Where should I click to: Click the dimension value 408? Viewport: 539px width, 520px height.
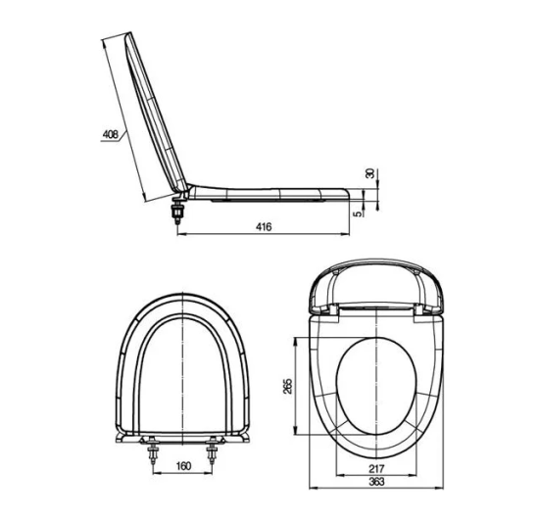coord(111,134)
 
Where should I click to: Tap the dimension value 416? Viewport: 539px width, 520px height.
coord(264,226)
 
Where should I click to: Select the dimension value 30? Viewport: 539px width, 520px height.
coord(369,173)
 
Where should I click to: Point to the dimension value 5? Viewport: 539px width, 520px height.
coord(358,213)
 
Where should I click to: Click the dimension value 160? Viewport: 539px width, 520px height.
coord(183,466)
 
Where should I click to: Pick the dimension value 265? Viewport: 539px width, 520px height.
coord(287,386)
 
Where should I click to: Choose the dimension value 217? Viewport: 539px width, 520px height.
coord(376,468)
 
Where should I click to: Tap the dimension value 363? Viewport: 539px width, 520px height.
coord(376,482)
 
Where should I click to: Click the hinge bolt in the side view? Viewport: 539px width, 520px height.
coord(177,211)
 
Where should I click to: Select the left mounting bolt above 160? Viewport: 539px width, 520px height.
coord(153,450)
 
